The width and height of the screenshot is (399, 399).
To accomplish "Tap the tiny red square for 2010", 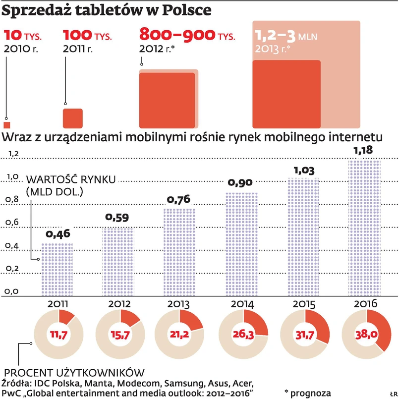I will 6,124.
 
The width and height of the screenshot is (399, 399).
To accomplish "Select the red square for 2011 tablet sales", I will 72,118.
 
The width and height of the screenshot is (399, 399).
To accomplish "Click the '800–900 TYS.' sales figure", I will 187,35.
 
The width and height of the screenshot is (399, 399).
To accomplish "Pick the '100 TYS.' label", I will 87,36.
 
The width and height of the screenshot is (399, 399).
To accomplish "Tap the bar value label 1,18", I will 363,150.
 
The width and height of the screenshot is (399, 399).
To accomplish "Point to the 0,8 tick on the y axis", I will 12,200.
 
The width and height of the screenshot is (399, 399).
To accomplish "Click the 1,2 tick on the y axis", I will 12,154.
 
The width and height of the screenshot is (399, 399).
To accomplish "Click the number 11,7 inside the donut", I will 58,336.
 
